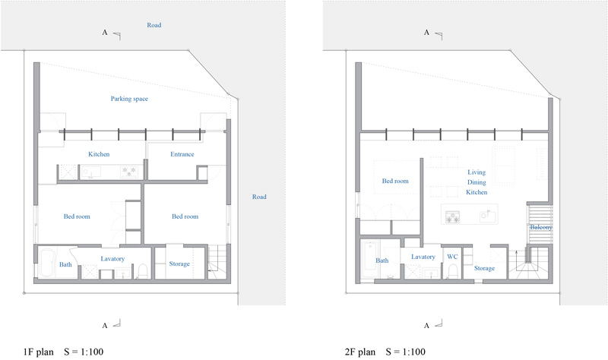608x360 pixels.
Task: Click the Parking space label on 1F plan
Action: pos(129,99)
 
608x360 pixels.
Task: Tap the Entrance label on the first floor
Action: pos(182,154)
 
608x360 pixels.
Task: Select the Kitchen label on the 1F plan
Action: pos(99,154)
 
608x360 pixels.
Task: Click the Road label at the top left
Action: pos(154,25)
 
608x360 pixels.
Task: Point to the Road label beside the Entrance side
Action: pos(259,197)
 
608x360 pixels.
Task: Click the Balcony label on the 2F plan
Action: pos(541,227)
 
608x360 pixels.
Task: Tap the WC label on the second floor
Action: pos(452,257)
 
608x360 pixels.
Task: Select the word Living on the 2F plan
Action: pos(477,172)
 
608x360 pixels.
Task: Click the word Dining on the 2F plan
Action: pos(477,182)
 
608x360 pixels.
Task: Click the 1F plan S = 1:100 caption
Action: pos(63,352)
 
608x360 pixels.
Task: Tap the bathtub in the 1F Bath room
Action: pos(48,263)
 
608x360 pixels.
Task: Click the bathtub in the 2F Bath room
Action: pos(370,259)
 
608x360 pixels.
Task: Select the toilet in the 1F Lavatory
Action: pos(143,271)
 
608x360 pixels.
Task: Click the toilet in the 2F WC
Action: pos(452,271)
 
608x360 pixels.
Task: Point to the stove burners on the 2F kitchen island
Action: pos(452,217)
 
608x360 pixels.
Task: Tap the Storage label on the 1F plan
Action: pos(179,264)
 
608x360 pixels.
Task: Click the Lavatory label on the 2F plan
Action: pos(423,257)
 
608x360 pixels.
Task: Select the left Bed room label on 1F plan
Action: pos(77,216)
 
